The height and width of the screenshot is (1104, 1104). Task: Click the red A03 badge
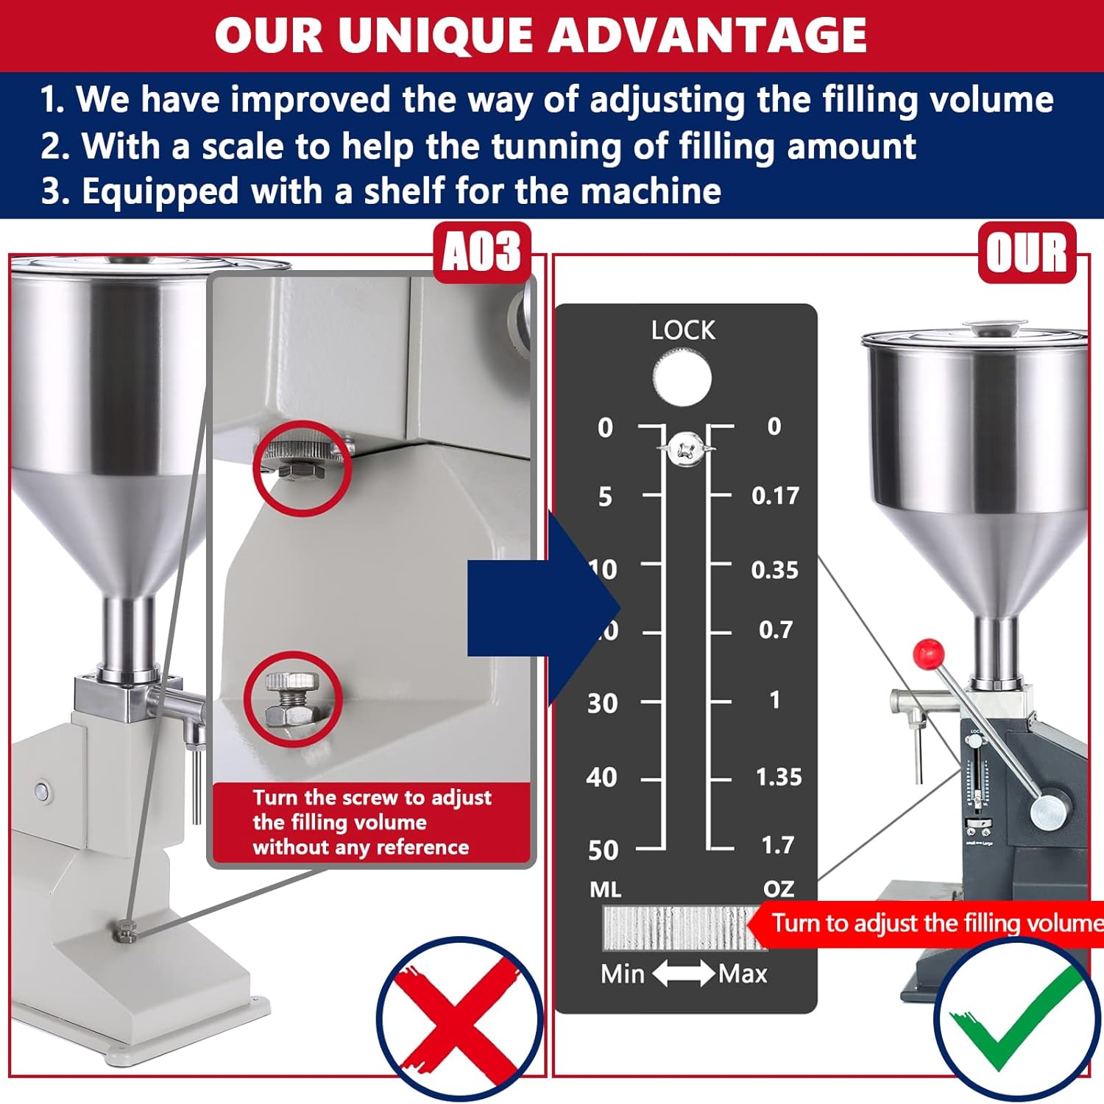(482, 252)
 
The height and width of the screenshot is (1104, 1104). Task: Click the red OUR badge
(1027, 252)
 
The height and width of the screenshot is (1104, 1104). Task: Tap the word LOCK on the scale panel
(683, 330)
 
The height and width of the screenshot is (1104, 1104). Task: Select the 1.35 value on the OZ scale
(779, 777)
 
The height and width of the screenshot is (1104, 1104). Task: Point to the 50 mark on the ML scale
(604, 850)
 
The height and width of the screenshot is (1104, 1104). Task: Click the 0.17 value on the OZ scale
(775, 496)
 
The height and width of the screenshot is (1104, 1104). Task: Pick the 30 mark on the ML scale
(603, 704)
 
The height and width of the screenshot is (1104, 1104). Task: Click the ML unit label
(606, 890)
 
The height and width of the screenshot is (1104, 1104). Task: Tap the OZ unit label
(779, 889)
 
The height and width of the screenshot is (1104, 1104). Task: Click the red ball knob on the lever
(929, 653)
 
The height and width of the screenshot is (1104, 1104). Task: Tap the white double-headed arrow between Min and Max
(683, 974)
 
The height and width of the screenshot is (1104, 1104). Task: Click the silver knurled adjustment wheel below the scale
(676, 927)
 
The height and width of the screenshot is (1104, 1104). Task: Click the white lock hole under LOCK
(682, 378)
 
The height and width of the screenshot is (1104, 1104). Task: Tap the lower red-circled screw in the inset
(292, 699)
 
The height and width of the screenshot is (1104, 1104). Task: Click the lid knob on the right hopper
(995, 326)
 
